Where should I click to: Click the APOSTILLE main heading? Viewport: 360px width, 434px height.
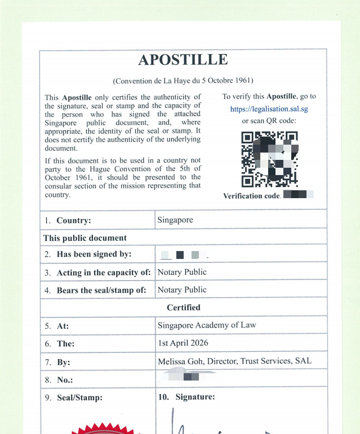183,60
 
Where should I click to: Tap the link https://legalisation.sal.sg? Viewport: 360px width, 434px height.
269,109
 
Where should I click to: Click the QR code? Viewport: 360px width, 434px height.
269,159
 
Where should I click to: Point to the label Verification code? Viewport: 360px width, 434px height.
251,196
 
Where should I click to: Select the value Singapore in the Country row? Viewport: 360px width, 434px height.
175,220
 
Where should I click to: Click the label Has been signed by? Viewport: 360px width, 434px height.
94,254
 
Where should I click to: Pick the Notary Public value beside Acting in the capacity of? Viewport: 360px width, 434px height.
182,272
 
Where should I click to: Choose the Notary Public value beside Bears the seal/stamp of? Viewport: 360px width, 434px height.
182,290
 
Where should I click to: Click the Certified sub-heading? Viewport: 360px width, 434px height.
183,308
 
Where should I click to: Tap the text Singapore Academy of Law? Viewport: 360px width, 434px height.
207,325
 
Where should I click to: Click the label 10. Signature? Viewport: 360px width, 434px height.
186,397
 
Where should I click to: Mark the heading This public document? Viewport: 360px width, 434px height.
85,238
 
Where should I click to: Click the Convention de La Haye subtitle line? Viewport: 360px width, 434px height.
183,81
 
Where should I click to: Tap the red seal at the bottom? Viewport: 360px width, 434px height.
105,429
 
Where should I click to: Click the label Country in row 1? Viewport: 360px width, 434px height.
73,221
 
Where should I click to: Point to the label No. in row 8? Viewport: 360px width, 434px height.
65,380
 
